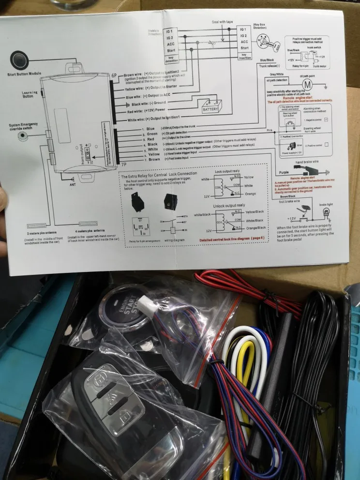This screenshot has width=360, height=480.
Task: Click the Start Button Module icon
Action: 19,60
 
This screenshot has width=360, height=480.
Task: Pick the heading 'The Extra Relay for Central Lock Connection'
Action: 160,173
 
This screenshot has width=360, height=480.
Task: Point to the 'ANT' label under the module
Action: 73,184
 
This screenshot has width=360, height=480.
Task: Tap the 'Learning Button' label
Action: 30,94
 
